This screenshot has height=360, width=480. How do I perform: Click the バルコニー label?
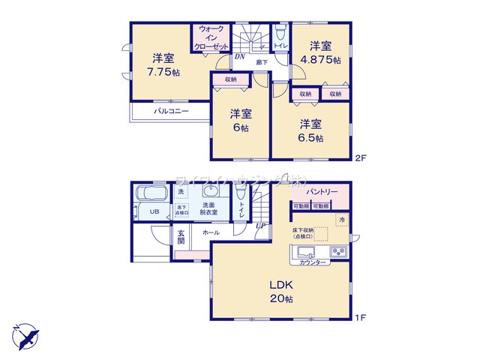172,111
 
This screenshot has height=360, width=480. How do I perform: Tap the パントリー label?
321,193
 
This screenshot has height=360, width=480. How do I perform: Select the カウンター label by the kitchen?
312,262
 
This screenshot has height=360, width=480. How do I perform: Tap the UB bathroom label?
154,212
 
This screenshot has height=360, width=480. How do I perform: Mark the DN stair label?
239,56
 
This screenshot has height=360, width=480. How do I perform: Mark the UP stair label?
259,226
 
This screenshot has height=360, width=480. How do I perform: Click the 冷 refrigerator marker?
341,220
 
